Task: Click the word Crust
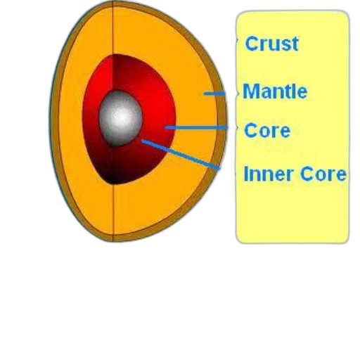tap(271, 44)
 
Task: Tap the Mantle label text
tap(275, 91)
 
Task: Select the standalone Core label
tap(267, 130)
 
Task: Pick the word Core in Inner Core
tap(323, 174)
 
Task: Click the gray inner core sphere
tap(120, 119)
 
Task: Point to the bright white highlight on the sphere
tap(122, 117)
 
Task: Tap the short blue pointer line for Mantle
tap(214, 94)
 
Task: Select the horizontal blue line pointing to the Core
tap(195, 128)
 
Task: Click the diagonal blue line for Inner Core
tap(180, 154)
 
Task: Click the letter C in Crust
tap(252, 44)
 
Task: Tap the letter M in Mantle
tap(250, 91)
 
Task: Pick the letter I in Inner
tap(246, 174)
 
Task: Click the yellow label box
tap(292, 211)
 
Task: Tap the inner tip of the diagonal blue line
tap(141, 141)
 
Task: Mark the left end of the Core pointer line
tap(165, 128)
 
